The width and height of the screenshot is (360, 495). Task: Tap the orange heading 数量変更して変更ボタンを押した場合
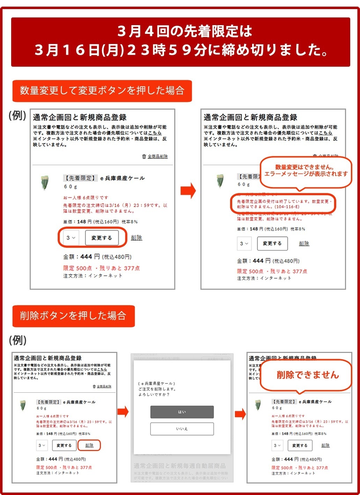[x=102, y=91]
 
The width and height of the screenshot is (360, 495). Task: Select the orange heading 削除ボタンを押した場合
[x=73, y=316]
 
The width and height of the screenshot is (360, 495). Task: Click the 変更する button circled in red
[x=102, y=238]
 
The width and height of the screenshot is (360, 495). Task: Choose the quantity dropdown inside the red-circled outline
[x=71, y=238]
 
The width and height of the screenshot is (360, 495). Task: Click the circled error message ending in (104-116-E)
[x=283, y=204]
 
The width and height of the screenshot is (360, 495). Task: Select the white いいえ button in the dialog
[x=182, y=429]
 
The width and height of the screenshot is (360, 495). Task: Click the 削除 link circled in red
[x=89, y=445]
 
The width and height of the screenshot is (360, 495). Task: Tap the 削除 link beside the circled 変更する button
[x=137, y=238]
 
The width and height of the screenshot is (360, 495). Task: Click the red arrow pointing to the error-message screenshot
[x=188, y=191]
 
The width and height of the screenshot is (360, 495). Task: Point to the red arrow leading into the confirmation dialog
[x=123, y=412]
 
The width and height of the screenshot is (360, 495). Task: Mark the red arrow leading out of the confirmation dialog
[x=240, y=414]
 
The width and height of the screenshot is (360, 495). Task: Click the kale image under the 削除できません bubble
[x=258, y=405]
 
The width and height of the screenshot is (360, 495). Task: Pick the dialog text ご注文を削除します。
[x=157, y=389]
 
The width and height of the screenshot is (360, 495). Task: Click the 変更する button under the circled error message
[x=272, y=243]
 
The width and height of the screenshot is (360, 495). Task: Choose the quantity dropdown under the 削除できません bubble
[x=277, y=445]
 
